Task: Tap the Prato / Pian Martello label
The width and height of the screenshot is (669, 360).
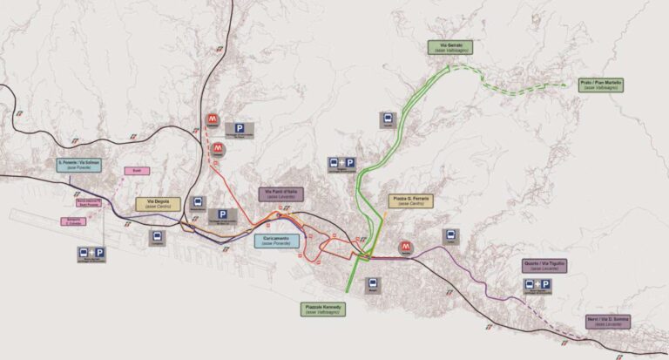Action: tap(602, 85)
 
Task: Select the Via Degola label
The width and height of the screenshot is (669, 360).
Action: tap(159, 204)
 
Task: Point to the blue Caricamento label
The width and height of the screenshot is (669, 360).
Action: tap(275, 240)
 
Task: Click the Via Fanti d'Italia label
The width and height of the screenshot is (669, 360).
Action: tap(280, 194)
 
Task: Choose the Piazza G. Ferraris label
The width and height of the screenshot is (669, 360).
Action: tap(410, 200)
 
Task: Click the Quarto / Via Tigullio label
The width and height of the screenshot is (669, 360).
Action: tap(544, 265)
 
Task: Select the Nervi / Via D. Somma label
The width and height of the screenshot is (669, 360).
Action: tap(607, 321)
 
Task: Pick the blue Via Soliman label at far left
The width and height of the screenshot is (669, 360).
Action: tap(79, 164)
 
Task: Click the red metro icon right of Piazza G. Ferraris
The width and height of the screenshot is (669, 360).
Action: tap(406, 248)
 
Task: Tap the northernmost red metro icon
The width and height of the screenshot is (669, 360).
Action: tap(212, 119)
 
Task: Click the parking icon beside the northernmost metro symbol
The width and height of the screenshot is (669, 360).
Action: tap(240, 128)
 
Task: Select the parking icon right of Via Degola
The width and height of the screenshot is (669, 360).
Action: tap(222, 215)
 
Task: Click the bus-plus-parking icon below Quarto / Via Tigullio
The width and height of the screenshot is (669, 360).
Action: tap(537, 285)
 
